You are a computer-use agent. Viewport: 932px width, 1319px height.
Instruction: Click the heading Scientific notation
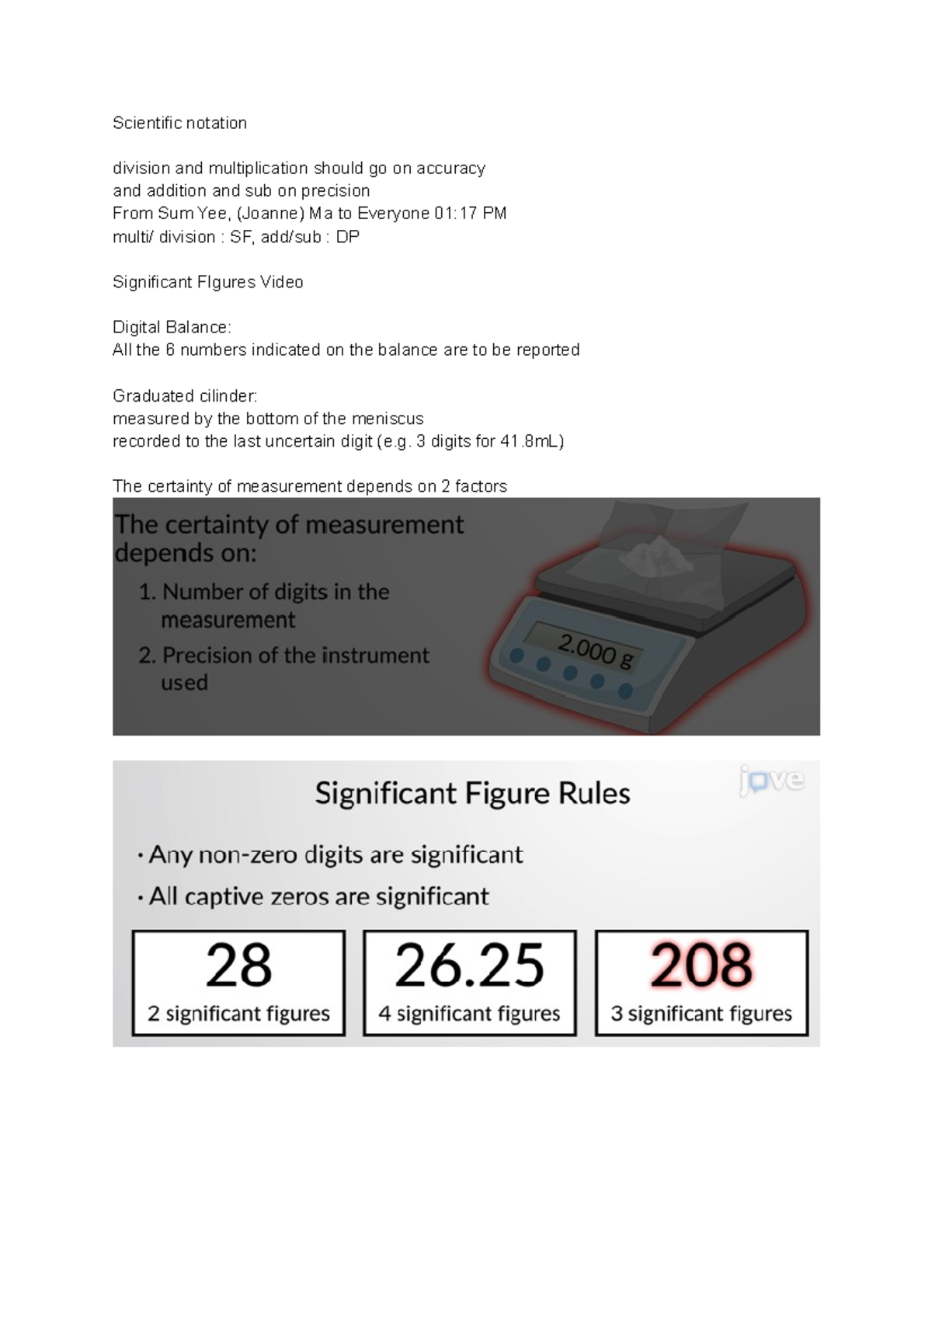tap(179, 123)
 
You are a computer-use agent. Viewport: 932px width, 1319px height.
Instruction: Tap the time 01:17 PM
tap(471, 214)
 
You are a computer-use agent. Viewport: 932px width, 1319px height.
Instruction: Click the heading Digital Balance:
tap(172, 327)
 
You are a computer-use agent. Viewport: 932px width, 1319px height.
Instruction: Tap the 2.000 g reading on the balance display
tap(596, 651)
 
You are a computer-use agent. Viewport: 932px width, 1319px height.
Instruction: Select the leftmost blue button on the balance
tap(516, 656)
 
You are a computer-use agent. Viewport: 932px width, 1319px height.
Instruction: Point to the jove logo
tap(771, 780)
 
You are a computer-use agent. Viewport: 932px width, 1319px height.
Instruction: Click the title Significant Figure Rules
tap(472, 794)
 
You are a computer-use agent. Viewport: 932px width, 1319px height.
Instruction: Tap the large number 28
tap(238, 966)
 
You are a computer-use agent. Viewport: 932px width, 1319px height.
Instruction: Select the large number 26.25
tap(469, 966)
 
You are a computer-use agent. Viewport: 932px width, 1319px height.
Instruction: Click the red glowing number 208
tap(701, 966)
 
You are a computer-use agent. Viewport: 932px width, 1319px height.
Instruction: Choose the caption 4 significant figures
tap(469, 1014)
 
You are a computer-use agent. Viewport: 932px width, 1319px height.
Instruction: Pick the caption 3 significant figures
tap(701, 1014)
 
